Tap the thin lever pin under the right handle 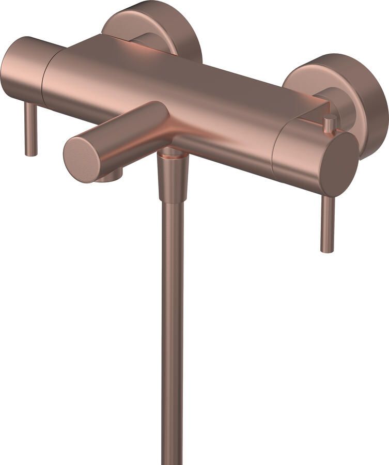(328, 222)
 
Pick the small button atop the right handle (329, 123)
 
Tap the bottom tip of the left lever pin (31, 153)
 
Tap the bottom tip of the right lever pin (327, 250)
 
